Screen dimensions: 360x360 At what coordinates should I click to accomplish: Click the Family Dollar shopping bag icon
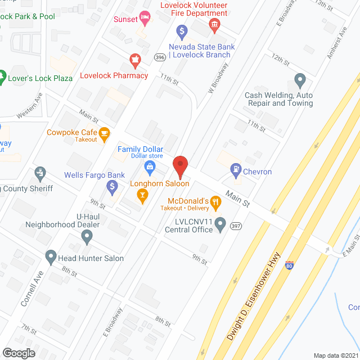150,165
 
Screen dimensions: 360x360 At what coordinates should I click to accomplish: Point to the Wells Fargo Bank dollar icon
112,185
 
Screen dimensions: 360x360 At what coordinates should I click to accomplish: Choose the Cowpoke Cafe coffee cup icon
105,133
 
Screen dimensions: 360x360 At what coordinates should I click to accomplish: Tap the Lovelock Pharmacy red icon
134,58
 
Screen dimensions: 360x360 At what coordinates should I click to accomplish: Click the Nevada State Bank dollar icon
181,31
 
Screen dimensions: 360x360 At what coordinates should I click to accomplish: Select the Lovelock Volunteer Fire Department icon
214,24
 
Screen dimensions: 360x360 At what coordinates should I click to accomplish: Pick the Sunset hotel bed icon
145,19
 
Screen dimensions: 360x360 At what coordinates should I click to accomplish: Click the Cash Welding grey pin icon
299,79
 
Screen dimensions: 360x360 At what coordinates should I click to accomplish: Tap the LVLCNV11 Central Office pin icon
221,226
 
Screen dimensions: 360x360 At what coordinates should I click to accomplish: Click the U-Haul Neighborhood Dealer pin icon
87,237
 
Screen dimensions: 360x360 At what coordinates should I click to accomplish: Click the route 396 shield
160,57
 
